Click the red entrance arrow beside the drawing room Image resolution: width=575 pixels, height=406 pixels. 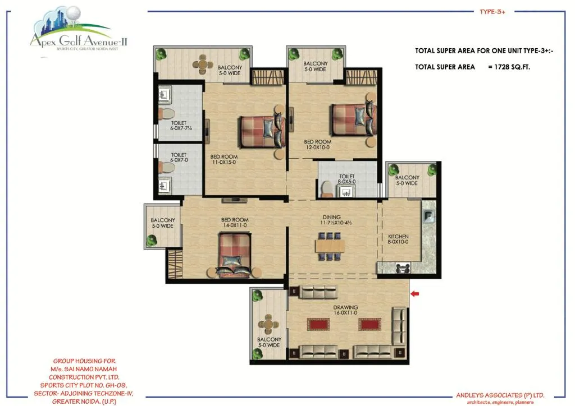click(x=414, y=294)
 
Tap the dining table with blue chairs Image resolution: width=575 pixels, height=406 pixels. click(x=330, y=246)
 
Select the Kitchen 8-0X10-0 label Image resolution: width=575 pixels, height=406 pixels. click(x=398, y=239)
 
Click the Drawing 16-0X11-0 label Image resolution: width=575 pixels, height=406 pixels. click(x=345, y=310)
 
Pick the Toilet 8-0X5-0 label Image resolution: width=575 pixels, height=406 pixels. click(x=346, y=179)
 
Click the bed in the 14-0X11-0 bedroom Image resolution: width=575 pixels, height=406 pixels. click(x=235, y=255)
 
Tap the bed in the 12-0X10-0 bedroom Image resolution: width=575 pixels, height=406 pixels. click(x=354, y=119)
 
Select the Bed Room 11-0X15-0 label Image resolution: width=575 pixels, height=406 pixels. click(x=223, y=159)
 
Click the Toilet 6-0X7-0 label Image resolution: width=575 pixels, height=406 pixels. click(x=179, y=158)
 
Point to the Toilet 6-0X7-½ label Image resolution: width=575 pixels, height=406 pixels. click(x=181, y=126)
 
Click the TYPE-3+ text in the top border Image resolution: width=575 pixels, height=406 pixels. click(x=492, y=12)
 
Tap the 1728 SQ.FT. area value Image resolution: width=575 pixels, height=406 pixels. click(x=512, y=67)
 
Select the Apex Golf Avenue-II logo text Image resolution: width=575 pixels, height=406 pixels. click(x=79, y=40)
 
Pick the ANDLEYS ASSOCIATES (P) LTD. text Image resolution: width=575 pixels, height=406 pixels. click(x=500, y=395)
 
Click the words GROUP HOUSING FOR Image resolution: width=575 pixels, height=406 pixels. click(x=84, y=361)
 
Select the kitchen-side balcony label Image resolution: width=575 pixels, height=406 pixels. click(x=407, y=180)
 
